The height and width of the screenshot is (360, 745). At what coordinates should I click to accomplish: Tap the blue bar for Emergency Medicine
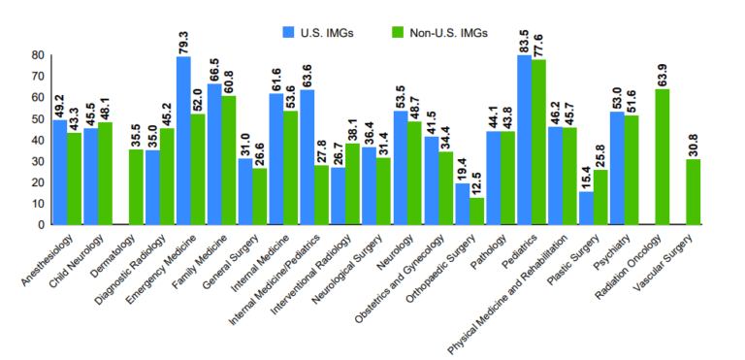tap(182, 141)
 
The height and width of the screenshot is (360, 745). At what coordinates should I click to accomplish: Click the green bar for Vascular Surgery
tap(693, 192)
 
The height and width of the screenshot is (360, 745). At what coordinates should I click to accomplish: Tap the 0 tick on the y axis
tap(40, 224)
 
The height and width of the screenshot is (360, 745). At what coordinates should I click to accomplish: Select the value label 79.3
tap(182, 41)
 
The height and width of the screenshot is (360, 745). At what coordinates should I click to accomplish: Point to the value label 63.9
tap(663, 74)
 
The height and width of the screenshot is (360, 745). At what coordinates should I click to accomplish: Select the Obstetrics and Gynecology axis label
tap(408, 273)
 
